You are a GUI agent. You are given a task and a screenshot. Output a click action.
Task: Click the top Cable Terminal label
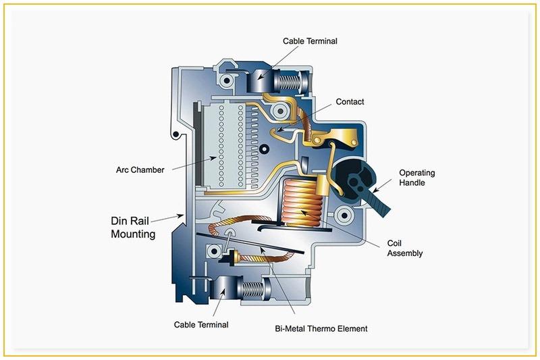coord(309,42)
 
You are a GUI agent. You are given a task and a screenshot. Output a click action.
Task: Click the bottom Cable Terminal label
coord(201,325)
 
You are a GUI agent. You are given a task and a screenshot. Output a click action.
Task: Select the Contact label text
coord(350,102)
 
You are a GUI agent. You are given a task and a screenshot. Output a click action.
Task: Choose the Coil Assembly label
coord(405,248)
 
